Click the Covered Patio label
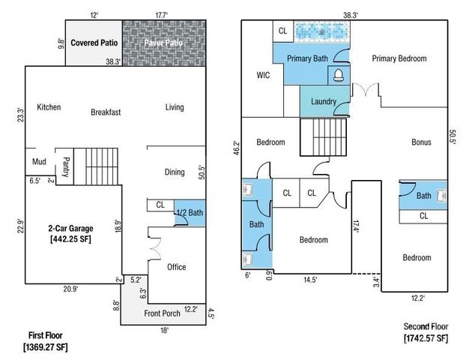(94, 43)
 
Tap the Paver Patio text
(163, 43)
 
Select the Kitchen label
(49, 107)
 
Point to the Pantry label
(66, 167)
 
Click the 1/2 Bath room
(190, 213)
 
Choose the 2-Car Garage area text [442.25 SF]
(70, 239)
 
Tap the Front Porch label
(162, 313)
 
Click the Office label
(177, 267)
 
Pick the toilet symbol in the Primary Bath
(339, 75)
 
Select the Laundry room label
(324, 102)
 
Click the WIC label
(263, 75)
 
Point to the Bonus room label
(421, 142)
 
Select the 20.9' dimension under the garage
(70, 289)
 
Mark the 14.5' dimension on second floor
(310, 280)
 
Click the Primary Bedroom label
(399, 58)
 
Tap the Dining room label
(175, 172)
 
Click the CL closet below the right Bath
(423, 216)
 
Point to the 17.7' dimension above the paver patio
(161, 15)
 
